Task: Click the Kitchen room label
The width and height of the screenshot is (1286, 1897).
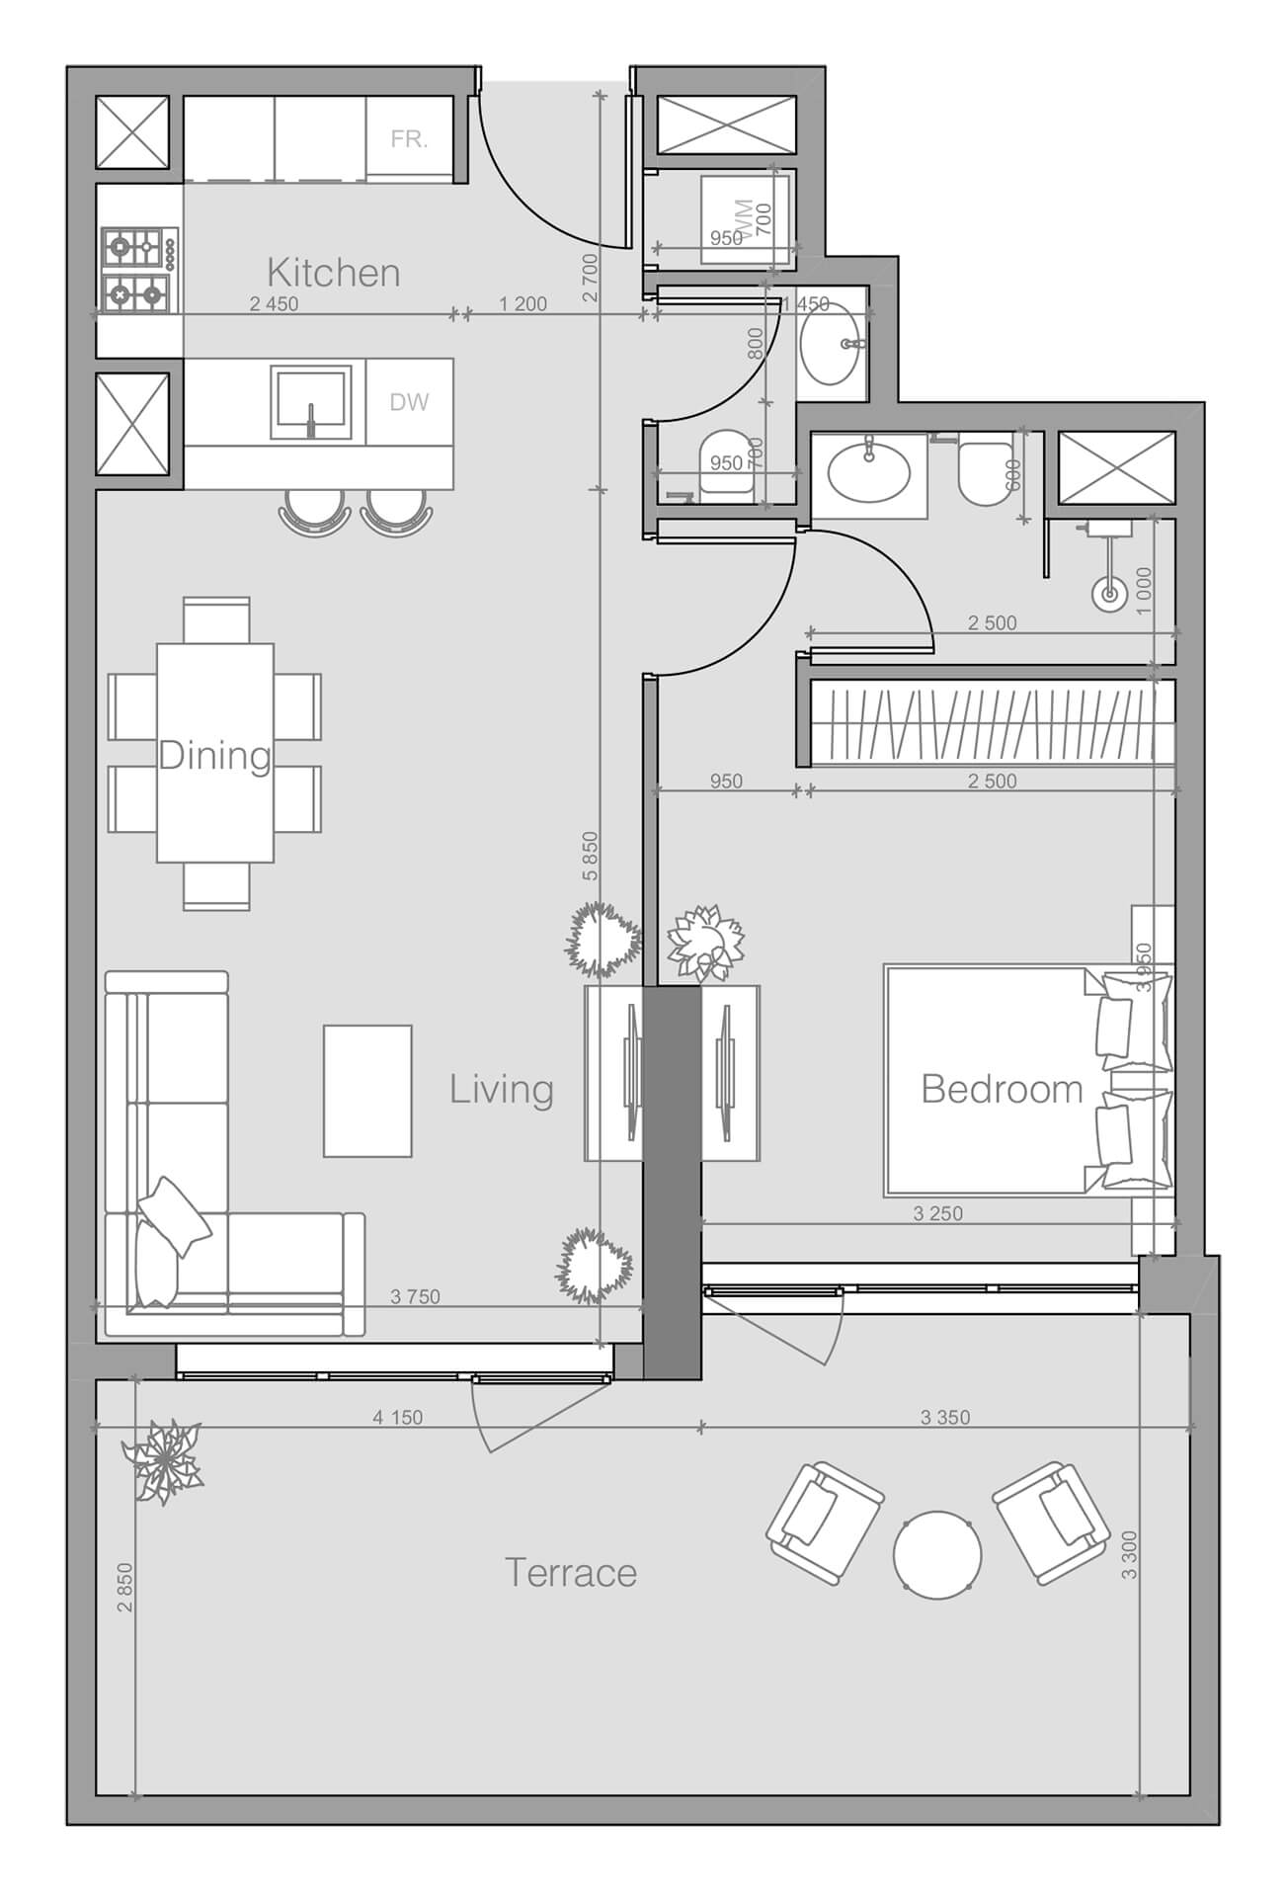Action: (333, 273)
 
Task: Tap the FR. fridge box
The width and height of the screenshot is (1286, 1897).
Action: (409, 139)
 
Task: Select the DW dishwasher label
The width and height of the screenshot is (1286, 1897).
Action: (409, 402)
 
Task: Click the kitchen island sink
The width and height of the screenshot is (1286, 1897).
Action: (310, 402)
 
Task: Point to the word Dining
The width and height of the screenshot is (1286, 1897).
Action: (214, 756)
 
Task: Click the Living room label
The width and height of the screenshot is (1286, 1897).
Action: (501, 1090)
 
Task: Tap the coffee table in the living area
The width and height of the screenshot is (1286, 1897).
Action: (367, 1091)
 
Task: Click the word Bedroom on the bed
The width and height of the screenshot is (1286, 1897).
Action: (1002, 1089)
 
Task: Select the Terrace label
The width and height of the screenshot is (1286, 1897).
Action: (570, 1573)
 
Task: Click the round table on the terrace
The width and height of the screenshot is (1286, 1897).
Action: (937, 1554)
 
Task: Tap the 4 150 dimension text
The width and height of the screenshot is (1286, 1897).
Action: (397, 1418)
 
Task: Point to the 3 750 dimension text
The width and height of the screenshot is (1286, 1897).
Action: (415, 1297)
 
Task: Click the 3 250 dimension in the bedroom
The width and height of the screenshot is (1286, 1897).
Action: (937, 1213)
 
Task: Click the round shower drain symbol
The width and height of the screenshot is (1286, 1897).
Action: (1109, 595)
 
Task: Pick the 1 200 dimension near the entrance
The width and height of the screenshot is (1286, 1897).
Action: (522, 304)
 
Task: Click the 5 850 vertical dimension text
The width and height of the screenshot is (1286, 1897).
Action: (590, 856)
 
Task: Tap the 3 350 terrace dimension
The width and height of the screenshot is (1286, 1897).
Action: (944, 1418)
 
